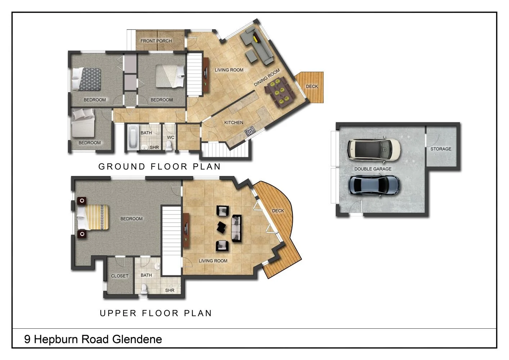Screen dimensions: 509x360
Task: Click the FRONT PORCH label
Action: pos(156,41)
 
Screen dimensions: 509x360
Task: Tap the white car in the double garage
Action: pos(374,149)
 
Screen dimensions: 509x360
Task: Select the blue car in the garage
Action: pos(374,185)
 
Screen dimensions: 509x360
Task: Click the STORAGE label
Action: pos(441,149)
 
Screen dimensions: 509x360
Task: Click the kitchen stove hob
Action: pos(250,131)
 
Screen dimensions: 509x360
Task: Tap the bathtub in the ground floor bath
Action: pos(132,137)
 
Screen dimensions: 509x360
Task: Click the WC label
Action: pos(170,138)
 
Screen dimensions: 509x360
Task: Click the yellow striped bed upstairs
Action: pos(93,217)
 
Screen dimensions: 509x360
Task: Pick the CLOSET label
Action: pos(120,276)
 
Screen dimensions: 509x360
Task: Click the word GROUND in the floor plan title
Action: pos(122,167)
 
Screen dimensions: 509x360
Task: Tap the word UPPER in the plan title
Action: pos(118,313)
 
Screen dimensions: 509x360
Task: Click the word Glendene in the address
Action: pos(137,339)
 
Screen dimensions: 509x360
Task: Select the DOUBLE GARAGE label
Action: pos(373,169)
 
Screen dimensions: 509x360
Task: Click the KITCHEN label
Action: pos(234,122)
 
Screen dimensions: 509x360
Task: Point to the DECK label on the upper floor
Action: pos(278,211)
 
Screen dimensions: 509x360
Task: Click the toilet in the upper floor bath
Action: pos(144,289)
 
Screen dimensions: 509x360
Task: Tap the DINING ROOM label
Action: pos(267,78)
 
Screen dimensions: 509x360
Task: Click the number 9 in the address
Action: pos(27,339)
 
